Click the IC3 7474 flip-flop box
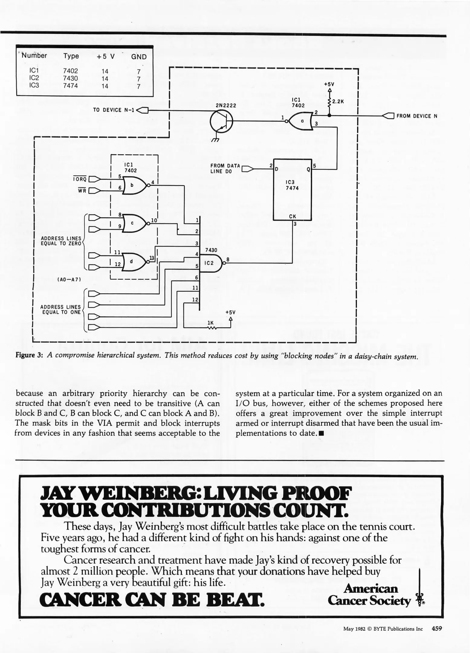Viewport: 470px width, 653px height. [292, 190]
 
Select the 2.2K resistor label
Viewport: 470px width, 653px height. [338, 102]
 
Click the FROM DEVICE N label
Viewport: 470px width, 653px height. [417, 116]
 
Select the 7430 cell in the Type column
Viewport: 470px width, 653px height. [70, 78]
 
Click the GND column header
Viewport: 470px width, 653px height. [139, 57]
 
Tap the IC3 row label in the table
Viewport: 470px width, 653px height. [34, 85]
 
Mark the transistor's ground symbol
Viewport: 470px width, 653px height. [216, 140]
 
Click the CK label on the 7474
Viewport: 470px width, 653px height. [292, 216]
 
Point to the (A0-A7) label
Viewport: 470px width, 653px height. [69, 279]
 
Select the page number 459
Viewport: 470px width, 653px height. [437, 629]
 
